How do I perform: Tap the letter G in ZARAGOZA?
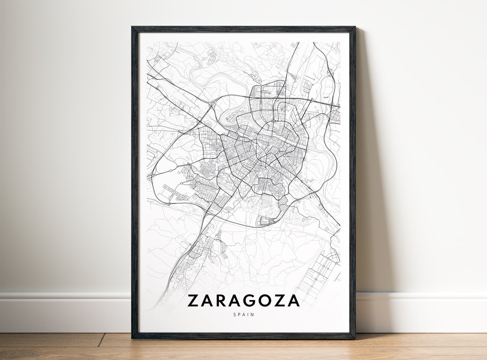tap(252, 301)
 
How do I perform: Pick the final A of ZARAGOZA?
tap(294, 301)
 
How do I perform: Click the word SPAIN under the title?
tap(243, 314)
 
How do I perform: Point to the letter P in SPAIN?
tap(239, 314)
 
